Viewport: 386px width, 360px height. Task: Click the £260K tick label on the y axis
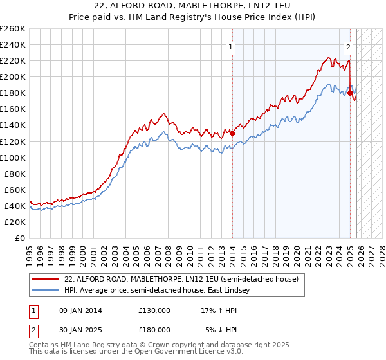[x=13, y=29]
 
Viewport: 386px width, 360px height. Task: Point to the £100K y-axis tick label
[x=13, y=157]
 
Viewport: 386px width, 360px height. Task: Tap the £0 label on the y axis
[x=19, y=238]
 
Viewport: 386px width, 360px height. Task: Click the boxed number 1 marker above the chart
[x=230, y=46]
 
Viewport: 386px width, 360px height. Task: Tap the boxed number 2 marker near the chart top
[x=348, y=46]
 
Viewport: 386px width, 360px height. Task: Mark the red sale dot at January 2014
[x=232, y=134]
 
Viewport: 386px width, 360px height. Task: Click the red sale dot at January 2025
[x=350, y=93]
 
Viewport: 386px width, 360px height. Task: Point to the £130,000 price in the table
[x=154, y=310]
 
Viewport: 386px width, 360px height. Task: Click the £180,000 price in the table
[x=154, y=329]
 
